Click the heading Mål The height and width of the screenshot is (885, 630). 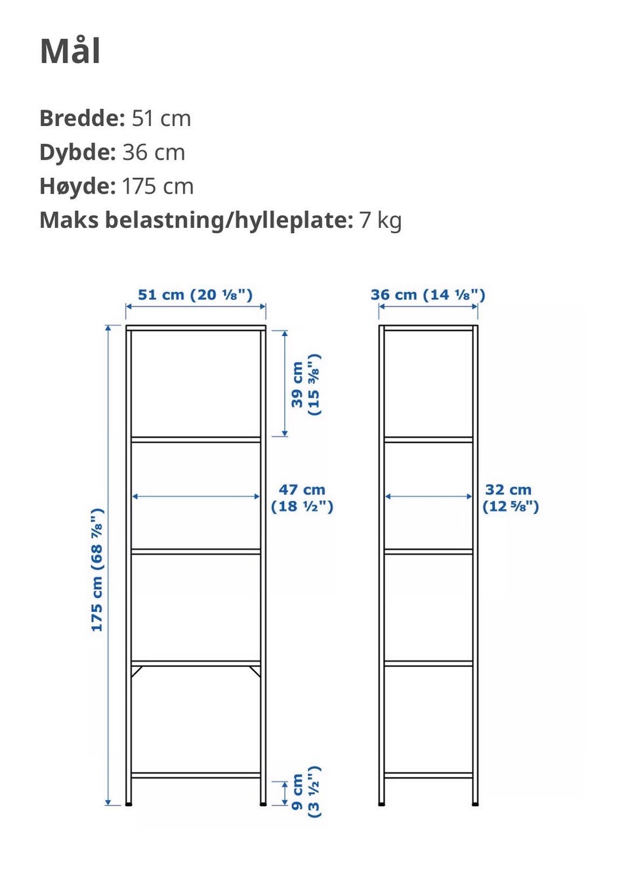click(x=70, y=51)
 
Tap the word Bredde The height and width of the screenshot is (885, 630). click(x=81, y=119)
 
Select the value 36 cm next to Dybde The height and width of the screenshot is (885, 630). click(x=154, y=153)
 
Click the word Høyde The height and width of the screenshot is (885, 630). click(x=77, y=186)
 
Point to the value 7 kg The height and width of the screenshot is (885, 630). click(x=381, y=220)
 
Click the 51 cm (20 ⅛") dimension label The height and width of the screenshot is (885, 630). click(x=195, y=295)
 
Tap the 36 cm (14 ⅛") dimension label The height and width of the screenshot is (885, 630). click(x=428, y=295)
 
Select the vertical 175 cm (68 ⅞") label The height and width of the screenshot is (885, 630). click(x=97, y=570)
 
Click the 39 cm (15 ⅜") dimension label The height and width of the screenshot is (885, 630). click(x=305, y=385)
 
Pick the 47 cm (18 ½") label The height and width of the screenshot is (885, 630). click(x=302, y=498)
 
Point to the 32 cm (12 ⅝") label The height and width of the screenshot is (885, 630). click(x=510, y=498)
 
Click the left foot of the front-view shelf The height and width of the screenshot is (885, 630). click(x=129, y=802)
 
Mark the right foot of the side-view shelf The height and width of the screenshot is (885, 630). click(x=475, y=802)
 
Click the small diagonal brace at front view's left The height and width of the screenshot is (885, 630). click(x=136, y=671)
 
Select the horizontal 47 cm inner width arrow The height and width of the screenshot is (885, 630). click(x=196, y=496)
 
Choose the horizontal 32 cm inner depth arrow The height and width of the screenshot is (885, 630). click(x=428, y=496)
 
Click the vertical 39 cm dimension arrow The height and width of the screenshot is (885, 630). click(x=285, y=383)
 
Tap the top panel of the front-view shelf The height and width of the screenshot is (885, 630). click(x=196, y=327)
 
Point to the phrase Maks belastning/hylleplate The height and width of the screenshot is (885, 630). click(x=196, y=220)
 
